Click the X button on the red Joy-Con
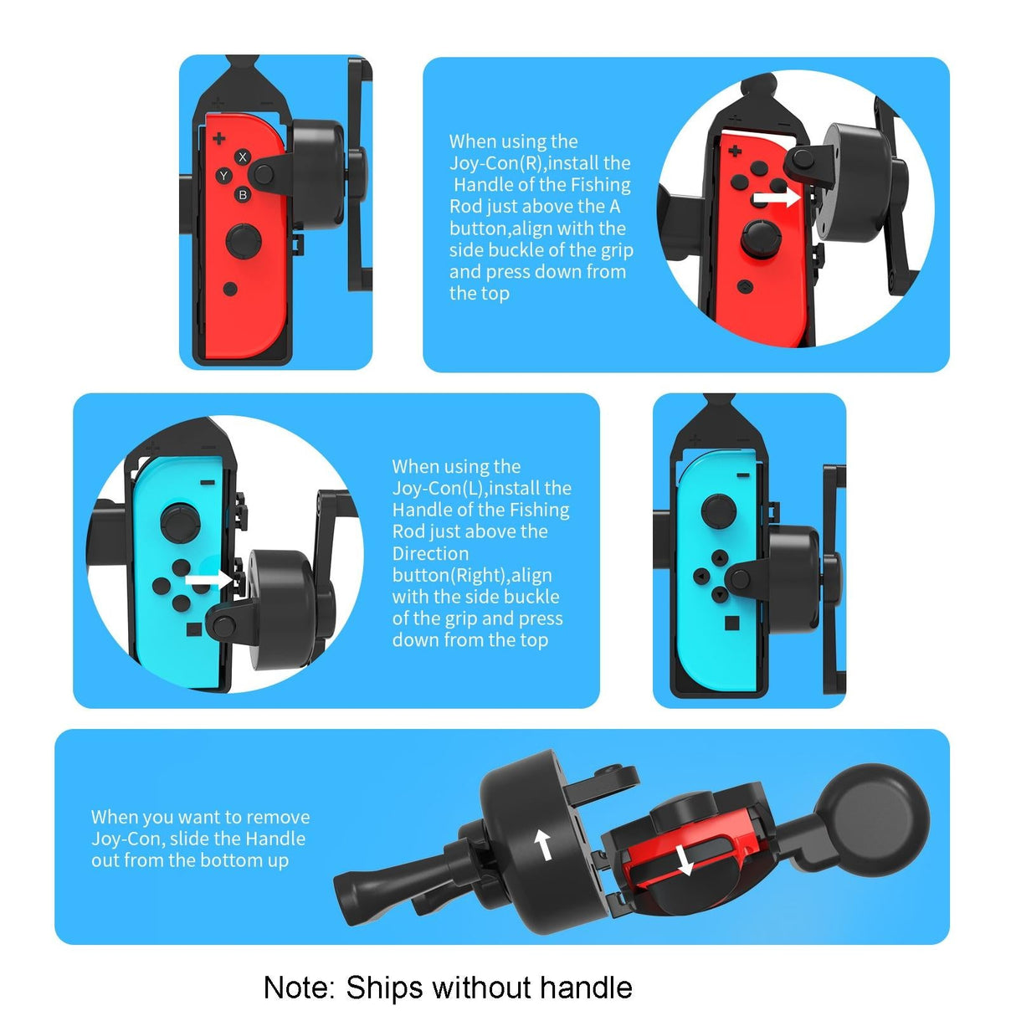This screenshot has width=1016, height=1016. point(243,157)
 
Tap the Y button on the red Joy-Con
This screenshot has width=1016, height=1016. point(223,176)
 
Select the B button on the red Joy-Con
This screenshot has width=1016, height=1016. point(243,195)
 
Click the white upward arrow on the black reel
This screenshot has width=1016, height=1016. point(544,844)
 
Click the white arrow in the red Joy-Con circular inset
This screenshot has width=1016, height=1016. point(777,198)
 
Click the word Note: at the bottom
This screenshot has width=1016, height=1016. point(300,988)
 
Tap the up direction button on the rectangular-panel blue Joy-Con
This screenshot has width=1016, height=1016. point(719,557)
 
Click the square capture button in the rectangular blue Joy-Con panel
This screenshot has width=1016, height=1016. point(731,623)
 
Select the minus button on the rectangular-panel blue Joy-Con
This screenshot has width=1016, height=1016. point(743,475)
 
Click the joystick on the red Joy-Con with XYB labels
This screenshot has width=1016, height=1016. point(243,240)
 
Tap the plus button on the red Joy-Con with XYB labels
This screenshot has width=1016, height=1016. point(218,138)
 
